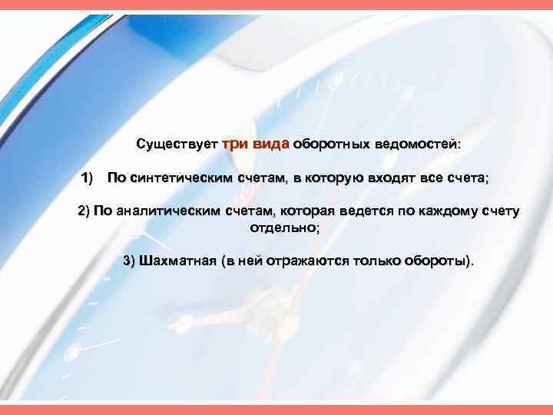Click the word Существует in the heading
(x=176, y=144)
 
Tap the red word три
(x=233, y=144)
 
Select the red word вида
(x=270, y=144)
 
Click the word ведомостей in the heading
(x=416, y=144)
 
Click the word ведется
(x=360, y=211)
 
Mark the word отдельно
(x=283, y=228)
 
